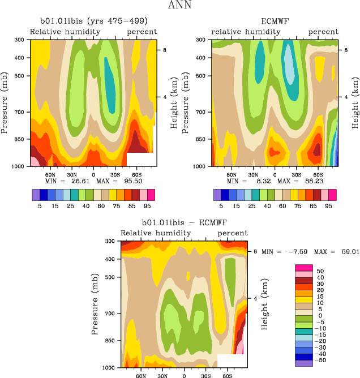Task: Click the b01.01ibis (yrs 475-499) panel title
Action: (x=93, y=21)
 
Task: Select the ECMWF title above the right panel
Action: (x=275, y=21)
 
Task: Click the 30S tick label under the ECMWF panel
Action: (x=296, y=174)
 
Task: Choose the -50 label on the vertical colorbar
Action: (x=321, y=360)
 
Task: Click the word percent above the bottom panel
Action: (x=233, y=233)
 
